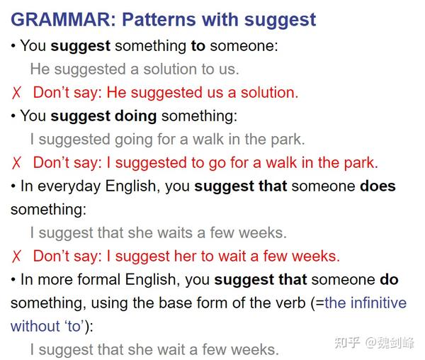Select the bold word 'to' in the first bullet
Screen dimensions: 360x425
198,46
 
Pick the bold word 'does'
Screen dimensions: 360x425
378,186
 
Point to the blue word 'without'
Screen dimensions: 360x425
35,326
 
